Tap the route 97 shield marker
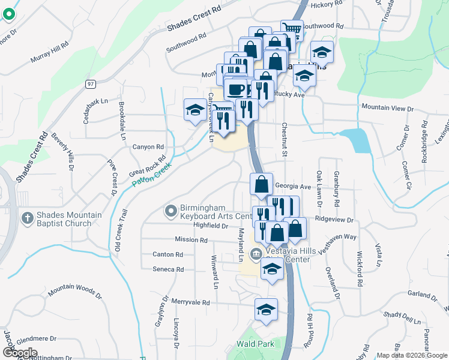tap(90, 83)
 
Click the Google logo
tap(20, 352)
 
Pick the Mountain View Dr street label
tap(387, 108)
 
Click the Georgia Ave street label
tap(294, 187)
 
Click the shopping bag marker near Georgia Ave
tap(261, 184)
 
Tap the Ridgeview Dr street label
tap(334, 220)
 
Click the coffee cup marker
tap(237, 89)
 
